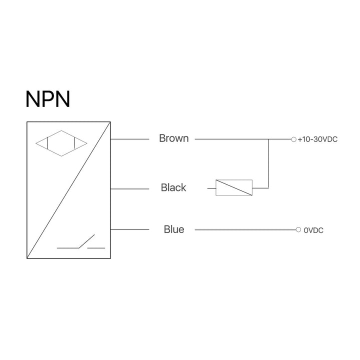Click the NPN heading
point(47,99)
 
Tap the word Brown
point(173,138)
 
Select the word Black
point(173,188)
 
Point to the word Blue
point(173,229)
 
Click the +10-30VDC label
point(317,139)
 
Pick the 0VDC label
point(313,230)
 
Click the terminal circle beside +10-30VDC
point(293,139)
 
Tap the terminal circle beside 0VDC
point(298,230)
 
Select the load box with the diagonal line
point(233,187)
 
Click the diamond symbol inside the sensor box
point(60,143)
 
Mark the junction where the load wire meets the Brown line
point(269,139)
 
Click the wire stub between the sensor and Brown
point(130,139)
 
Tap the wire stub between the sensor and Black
point(130,188)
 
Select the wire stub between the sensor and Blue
point(130,229)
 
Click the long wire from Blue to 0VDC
point(245,230)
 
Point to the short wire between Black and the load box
point(211,188)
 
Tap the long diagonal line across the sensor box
point(68,190)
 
